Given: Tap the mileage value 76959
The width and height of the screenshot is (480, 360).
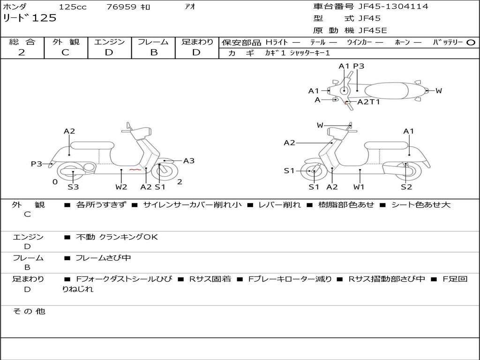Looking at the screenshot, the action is (x=121, y=7).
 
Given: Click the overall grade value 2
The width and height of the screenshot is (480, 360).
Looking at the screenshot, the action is (x=22, y=52).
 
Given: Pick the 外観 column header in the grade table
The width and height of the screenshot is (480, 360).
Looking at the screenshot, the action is (x=66, y=42).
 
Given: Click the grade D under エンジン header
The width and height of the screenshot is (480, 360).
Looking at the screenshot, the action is (x=109, y=52).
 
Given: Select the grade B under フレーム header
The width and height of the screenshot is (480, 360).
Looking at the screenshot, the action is (x=153, y=52).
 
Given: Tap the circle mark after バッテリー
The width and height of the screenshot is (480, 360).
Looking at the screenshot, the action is (x=471, y=43).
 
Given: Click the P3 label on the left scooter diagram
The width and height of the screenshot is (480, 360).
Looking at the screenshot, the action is (x=37, y=164).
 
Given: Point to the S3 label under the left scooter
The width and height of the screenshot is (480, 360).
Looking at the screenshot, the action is (x=73, y=187).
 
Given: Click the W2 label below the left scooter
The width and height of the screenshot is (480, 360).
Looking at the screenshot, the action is (x=121, y=187).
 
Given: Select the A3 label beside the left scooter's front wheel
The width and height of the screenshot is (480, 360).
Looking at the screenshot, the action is (x=188, y=161).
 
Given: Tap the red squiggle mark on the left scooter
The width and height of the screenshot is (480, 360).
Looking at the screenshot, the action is (x=135, y=170).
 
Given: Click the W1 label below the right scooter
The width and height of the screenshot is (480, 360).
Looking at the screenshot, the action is (x=359, y=187).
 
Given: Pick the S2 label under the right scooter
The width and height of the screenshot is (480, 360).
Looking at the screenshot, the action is (x=406, y=187).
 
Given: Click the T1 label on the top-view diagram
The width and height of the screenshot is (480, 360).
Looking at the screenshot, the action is (x=375, y=102).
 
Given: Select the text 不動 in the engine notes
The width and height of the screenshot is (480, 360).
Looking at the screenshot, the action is (x=85, y=237).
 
